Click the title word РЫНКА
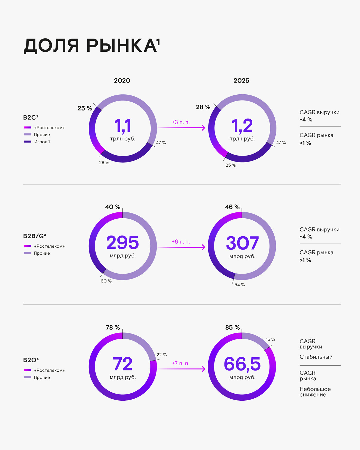click(121, 46)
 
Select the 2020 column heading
click(122, 80)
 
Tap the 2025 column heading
click(241, 80)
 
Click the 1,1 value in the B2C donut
click(123, 126)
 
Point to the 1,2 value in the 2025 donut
click(242, 126)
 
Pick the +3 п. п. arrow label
click(181, 122)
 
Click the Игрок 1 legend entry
click(42, 142)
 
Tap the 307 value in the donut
click(242, 243)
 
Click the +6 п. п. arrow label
click(181, 242)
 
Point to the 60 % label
click(106, 281)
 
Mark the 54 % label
click(239, 285)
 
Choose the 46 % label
click(232, 207)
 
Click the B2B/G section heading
click(34, 236)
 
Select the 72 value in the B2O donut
click(123, 364)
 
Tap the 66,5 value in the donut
click(242, 364)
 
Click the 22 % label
click(161, 355)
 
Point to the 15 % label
click(270, 339)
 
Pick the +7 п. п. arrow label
click(181, 363)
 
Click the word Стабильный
click(316, 357)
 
